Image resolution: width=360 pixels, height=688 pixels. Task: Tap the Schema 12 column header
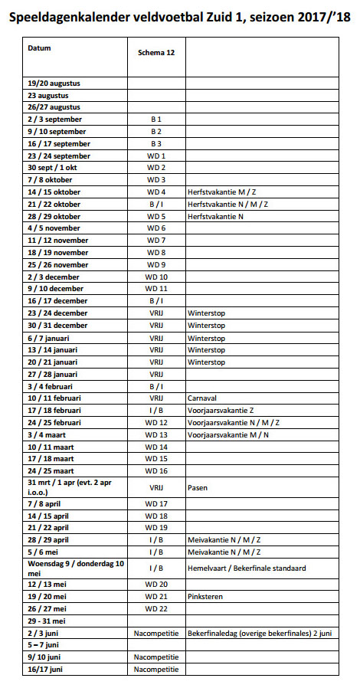click(155, 54)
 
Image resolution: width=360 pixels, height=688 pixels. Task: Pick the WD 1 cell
click(156, 156)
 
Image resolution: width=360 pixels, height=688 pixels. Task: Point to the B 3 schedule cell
click(156, 143)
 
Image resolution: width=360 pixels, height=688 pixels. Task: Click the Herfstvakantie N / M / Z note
click(227, 204)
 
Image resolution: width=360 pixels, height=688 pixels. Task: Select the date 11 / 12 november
click(58, 241)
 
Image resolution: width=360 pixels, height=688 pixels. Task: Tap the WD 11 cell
click(156, 289)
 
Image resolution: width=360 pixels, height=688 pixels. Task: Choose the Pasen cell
click(198, 487)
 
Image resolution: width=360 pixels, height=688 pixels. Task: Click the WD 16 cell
click(156, 470)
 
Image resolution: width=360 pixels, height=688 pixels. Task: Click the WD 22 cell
click(156, 608)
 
